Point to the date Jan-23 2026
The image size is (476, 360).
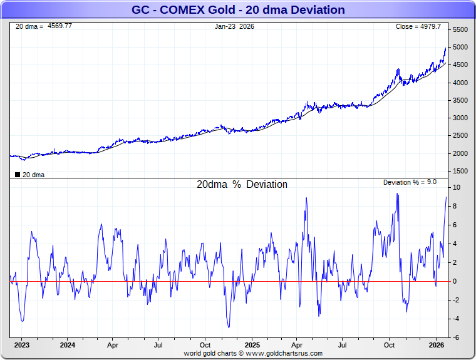click(x=234, y=26)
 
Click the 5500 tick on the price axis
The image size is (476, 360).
click(x=460, y=29)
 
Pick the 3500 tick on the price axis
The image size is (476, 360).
click(x=460, y=100)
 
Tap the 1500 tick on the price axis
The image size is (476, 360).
click(x=460, y=171)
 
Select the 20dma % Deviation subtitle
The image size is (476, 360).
click(x=242, y=185)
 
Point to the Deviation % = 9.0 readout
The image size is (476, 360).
click(x=410, y=182)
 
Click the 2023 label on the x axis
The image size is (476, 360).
click(x=22, y=345)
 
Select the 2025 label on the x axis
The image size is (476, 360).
click(x=252, y=345)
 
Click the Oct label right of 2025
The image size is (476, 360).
click(x=389, y=345)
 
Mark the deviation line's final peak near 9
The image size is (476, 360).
click(x=446, y=197)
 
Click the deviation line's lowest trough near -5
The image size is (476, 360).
click(x=229, y=327)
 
